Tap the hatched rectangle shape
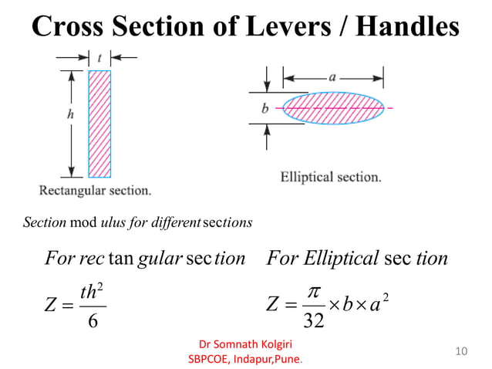(x=99, y=124)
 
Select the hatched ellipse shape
(x=333, y=108)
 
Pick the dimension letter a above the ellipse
(x=332, y=76)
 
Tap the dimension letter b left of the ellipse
(x=265, y=109)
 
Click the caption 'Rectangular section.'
(x=96, y=190)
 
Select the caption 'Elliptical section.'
(x=331, y=177)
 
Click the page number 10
(x=461, y=352)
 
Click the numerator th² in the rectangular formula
(x=93, y=292)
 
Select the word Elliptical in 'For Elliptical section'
(x=338, y=259)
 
